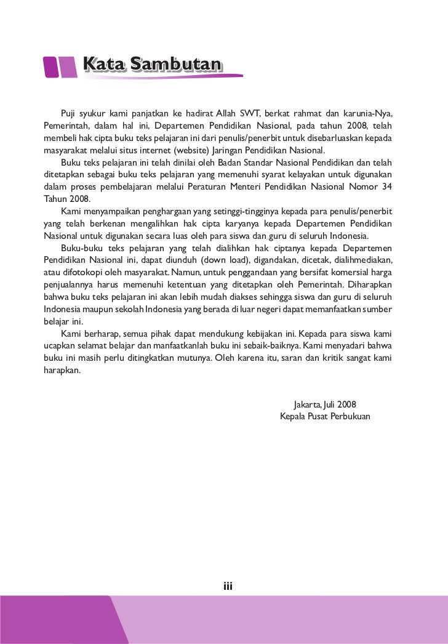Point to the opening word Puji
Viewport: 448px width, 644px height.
(x=70, y=114)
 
